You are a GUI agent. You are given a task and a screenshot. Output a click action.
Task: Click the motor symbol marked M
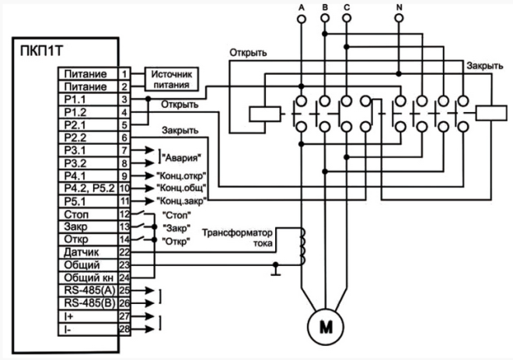(326, 327)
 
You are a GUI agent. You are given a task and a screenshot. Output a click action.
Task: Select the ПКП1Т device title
(41, 52)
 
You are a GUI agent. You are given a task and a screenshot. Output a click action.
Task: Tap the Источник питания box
(172, 79)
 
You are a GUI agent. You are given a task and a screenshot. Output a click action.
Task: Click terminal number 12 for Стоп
(124, 215)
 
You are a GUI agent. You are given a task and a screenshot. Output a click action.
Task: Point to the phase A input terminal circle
(302, 19)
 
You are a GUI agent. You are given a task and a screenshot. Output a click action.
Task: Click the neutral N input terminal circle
(399, 19)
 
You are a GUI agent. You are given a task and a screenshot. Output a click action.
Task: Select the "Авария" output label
(181, 158)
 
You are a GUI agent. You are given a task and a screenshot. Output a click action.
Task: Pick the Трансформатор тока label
(237, 238)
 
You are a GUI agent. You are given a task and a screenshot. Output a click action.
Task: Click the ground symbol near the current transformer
(276, 269)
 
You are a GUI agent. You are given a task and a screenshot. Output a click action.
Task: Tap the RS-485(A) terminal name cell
(88, 291)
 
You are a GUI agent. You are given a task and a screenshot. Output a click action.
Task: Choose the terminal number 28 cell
(124, 329)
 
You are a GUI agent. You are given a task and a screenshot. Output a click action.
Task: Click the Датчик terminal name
(81, 253)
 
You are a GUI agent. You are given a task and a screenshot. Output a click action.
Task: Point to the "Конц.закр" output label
(181, 201)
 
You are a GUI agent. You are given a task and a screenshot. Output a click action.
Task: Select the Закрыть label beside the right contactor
(484, 66)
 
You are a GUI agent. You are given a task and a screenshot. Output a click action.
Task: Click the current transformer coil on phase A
(302, 246)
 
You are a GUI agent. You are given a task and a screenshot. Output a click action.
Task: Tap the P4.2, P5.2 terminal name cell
(88, 188)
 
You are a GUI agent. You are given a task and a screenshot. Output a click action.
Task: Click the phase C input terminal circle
(347, 19)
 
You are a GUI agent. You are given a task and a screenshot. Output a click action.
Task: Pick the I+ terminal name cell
(88, 316)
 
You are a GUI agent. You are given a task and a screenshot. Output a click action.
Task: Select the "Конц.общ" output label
(181, 188)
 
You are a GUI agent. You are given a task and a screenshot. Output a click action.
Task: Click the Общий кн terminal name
(89, 278)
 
